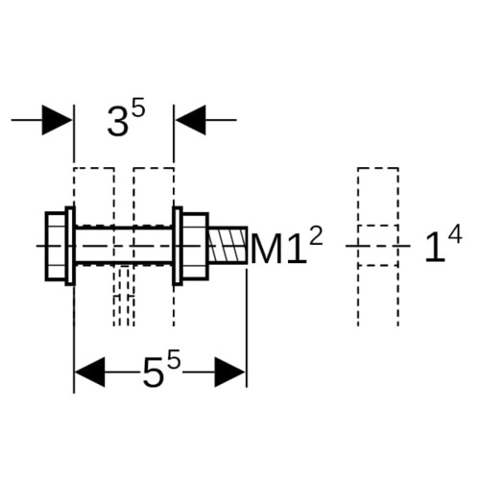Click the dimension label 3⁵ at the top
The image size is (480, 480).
pyautogui.click(x=126, y=120)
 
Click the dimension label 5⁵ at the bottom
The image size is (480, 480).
pyautogui.click(x=161, y=372)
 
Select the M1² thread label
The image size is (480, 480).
pyautogui.click(x=287, y=247)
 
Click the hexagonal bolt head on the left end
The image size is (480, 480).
pyautogui.click(x=56, y=246)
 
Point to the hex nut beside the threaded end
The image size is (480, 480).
pyautogui.click(x=195, y=246)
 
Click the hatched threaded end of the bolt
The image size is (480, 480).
pyautogui.click(x=228, y=246)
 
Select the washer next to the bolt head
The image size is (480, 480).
pyautogui.click(x=70, y=246)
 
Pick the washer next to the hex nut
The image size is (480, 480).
pyautogui.click(x=178, y=246)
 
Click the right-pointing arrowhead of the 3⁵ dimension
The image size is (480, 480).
pyautogui.click(x=57, y=120)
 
